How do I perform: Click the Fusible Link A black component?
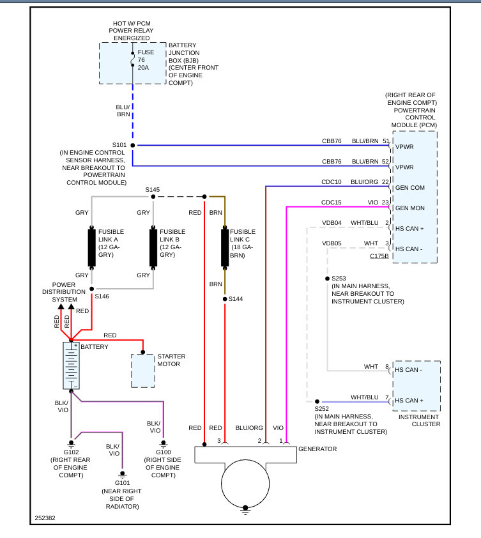click(x=91, y=247)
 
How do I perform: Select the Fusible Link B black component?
click(x=153, y=247)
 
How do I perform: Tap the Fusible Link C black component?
click(x=225, y=247)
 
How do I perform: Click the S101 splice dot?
click(x=133, y=145)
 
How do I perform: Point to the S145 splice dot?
click(x=153, y=196)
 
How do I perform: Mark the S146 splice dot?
click(x=91, y=289)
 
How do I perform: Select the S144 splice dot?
click(x=225, y=299)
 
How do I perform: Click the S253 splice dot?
click(x=327, y=279)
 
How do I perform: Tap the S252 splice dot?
click(x=317, y=402)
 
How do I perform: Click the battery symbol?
click(x=71, y=365)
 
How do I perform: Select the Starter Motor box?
click(x=143, y=370)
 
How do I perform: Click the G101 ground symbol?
click(x=122, y=474)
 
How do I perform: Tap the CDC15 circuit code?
click(x=331, y=203)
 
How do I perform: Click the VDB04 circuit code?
click(x=332, y=223)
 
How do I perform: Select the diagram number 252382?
click(x=45, y=518)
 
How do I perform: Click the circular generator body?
click(x=245, y=482)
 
